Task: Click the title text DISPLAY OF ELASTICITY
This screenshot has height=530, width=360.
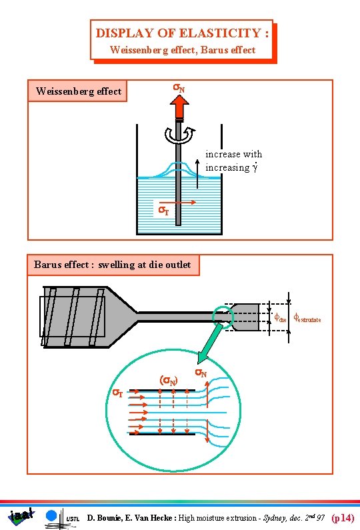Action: click(x=182, y=33)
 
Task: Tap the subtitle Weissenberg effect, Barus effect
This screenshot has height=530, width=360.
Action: click(x=182, y=49)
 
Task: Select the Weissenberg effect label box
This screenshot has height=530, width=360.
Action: click(x=78, y=91)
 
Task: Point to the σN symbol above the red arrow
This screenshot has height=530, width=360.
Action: click(x=179, y=88)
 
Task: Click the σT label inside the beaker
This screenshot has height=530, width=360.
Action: click(x=162, y=211)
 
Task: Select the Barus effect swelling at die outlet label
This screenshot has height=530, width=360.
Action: click(x=112, y=265)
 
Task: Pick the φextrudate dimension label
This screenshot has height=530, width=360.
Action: click(x=307, y=319)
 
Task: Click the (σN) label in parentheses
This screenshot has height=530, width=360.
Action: click(x=168, y=381)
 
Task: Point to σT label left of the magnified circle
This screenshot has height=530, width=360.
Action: click(x=117, y=393)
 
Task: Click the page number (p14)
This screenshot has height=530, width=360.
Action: click(x=343, y=517)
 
